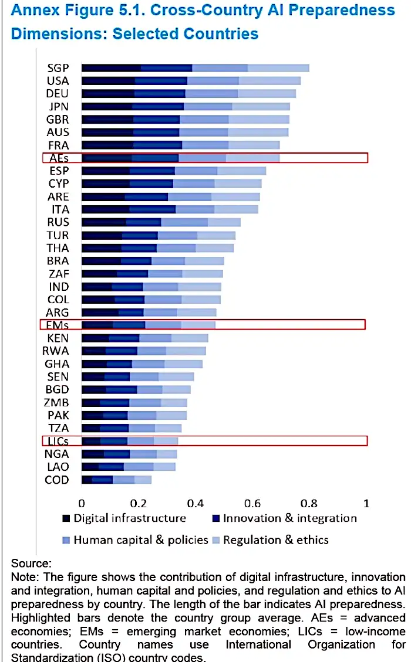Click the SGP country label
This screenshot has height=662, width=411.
pos(58,68)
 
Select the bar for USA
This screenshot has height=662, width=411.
pos(191,81)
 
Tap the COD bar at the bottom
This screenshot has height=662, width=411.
pos(116,480)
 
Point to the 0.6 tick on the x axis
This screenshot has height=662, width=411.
pos(252,503)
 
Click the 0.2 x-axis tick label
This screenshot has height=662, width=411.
pos(138,503)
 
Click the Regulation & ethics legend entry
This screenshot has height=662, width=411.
pos(275,540)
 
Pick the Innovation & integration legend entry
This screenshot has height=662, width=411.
pos(289,518)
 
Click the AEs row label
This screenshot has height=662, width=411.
pos(58,158)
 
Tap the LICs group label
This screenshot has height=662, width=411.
pos(58,441)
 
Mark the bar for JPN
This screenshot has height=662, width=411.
pos(186,106)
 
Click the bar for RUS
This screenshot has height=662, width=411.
pos(161,222)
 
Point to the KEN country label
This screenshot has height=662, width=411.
pos(58,338)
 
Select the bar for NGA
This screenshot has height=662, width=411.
pos(129,454)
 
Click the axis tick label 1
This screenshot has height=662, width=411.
pos(366,503)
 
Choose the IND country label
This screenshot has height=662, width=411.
pos(58,287)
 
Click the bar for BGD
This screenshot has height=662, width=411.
pos(136,389)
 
